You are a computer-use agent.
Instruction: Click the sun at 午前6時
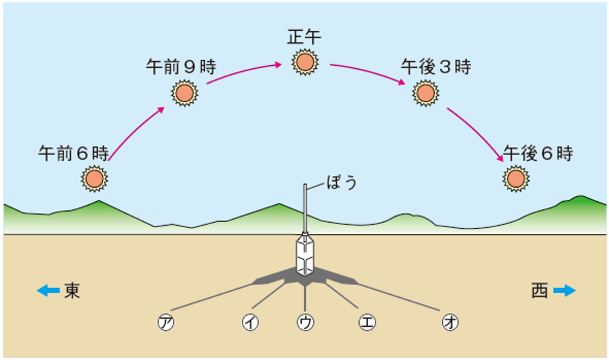(94, 178)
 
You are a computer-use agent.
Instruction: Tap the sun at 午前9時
(183, 94)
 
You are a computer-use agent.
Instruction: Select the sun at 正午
(304, 62)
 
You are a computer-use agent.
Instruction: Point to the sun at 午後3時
(424, 94)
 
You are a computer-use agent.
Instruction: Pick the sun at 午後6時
(515, 178)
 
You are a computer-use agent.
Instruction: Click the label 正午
(304, 36)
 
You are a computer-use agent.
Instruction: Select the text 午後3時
(436, 66)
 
